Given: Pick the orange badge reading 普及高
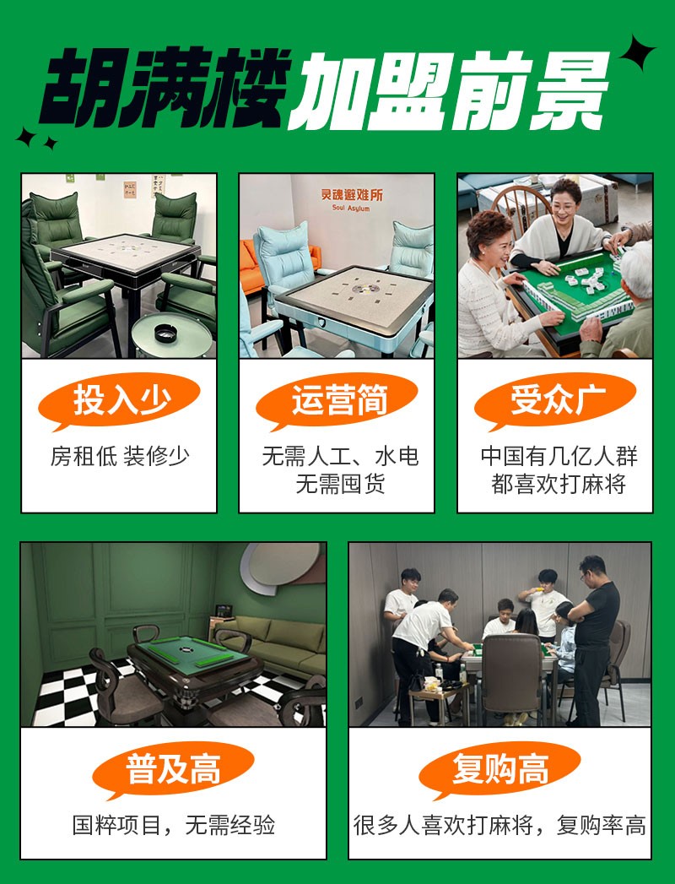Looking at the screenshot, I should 173,770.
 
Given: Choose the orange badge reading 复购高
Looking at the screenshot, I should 500,770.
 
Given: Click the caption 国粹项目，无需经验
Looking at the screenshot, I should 174,825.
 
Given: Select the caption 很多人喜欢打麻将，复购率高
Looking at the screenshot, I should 500,825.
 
